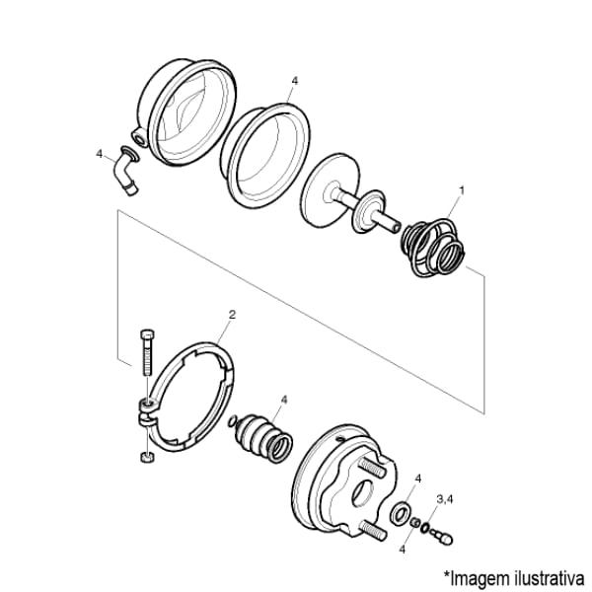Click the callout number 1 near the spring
461,190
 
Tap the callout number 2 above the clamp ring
232,314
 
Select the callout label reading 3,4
445,499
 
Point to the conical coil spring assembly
432,248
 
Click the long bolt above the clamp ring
147,352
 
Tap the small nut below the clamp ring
147,457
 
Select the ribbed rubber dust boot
263,439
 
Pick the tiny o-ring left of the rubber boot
233,421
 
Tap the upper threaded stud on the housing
373,467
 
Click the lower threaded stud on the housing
374,529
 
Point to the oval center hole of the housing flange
363,493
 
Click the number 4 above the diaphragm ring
295,81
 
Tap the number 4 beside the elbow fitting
100,154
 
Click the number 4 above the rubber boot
284,400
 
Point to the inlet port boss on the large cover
140,138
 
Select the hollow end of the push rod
396,227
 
